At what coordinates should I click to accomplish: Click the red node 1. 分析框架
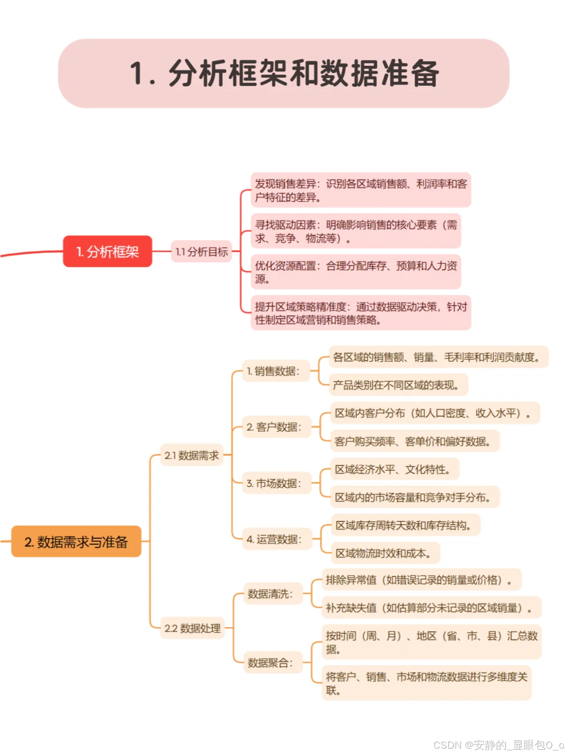pyautogui.click(x=107, y=251)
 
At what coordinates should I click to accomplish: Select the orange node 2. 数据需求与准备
pyautogui.click(x=77, y=541)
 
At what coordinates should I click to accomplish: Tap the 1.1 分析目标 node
pyautogui.click(x=202, y=252)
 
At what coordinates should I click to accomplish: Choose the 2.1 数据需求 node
pyautogui.click(x=192, y=456)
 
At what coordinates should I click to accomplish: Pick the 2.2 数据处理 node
pyautogui.click(x=192, y=628)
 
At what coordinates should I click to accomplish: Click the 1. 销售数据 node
pyautogui.click(x=274, y=371)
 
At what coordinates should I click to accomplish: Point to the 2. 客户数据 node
pyautogui.click(x=275, y=427)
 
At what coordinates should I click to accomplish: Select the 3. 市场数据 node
pyautogui.click(x=275, y=483)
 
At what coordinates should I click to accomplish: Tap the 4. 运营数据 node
pyautogui.click(x=275, y=539)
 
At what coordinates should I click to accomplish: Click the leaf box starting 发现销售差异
pyautogui.click(x=361, y=190)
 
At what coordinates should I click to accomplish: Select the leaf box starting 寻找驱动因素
pyautogui.click(x=356, y=231)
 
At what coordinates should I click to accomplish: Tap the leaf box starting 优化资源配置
pyautogui.click(x=356, y=272)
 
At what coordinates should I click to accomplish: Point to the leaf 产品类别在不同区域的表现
pyautogui.click(x=398, y=385)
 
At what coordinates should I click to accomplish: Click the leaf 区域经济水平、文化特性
pyautogui.click(x=395, y=469)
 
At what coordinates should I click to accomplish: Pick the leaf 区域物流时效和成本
pyautogui.click(x=385, y=553)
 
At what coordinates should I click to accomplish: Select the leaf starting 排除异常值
pyautogui.click(x=421, y=580)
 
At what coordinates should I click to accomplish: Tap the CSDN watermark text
pyautogui.click(x=498, y=745)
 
